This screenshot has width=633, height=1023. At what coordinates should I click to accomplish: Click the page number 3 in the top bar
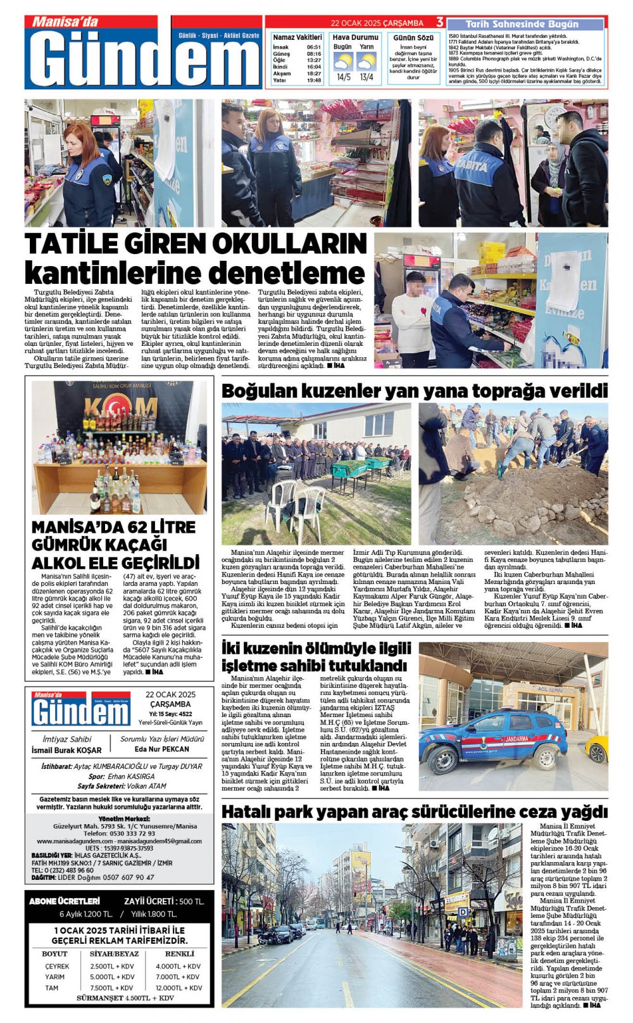439,23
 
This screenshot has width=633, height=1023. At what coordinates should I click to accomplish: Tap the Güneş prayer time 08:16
314,54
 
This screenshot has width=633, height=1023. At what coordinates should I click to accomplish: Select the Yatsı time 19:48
314,80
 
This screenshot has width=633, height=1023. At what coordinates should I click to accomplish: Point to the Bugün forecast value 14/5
343,77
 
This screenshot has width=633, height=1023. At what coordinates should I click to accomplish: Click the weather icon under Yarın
367,62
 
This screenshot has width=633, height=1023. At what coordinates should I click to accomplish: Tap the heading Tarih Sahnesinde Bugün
522,24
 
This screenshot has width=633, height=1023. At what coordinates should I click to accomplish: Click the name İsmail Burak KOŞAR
66,750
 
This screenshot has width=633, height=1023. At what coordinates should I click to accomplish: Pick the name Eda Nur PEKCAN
162,749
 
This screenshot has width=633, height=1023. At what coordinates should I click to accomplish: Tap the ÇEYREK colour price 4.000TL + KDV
178,966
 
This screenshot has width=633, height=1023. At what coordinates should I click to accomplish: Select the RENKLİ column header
179,953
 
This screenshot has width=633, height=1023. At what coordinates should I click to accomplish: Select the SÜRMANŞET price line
125,998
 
